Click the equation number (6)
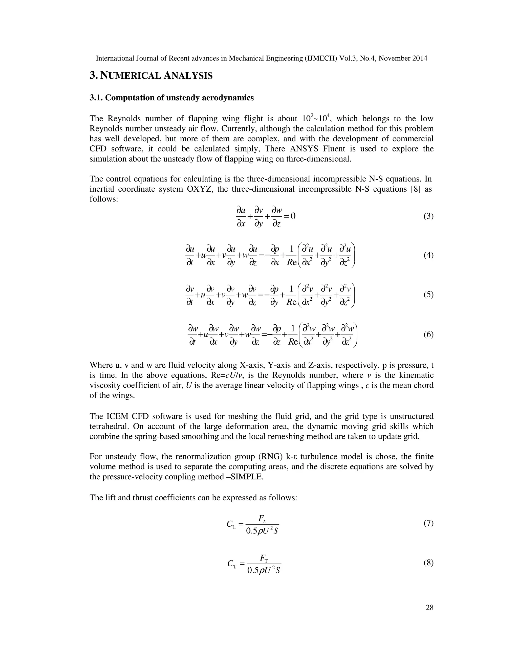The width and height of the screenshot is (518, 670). point(428,334)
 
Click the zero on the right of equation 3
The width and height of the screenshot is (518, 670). point(293,216)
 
